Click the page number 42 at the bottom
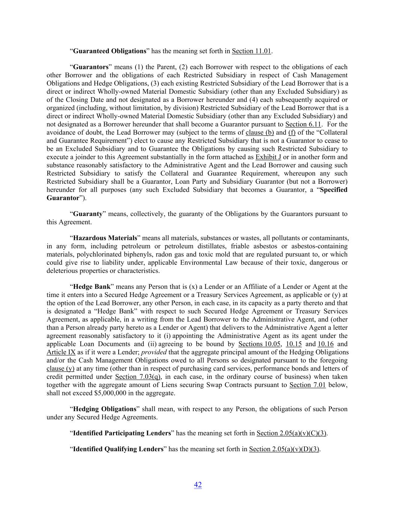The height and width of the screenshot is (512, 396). tap(198, 485)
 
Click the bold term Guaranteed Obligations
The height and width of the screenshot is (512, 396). tap(109, 51)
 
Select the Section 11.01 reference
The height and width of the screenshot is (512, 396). tap(251, 51)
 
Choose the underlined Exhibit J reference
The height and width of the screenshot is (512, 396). tap(268, 157)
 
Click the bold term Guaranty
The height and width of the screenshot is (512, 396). tap(87, 214)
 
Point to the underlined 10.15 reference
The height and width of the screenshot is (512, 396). tap(294, 344)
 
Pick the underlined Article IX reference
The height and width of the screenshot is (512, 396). tap(61, 352)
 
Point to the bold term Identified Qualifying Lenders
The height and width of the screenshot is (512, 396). tap(118, 449)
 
